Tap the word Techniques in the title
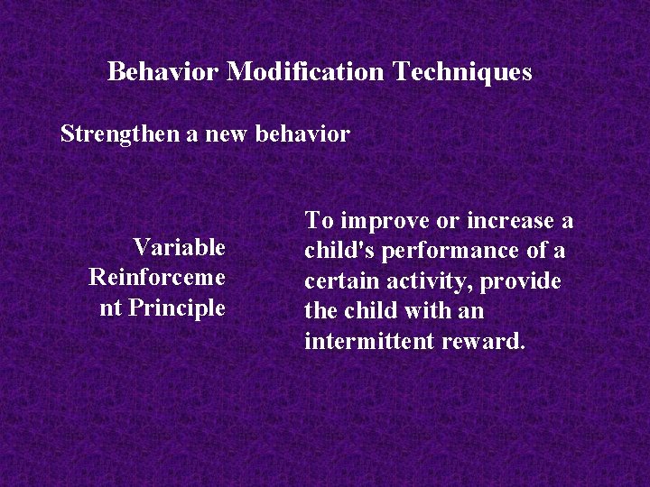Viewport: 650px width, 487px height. pyautogui.click(x=462, y=72)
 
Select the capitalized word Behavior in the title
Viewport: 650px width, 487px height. pyautogui.click(x=163, y=72)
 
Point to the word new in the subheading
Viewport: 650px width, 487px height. pyautogui.click(x=226, y=135)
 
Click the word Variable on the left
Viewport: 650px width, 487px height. pyautogui.click(x=179, y=247)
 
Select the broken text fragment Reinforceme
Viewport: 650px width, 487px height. pyautogui.click(x=157, y=278)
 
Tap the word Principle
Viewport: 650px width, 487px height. pyautogui.click(x=177, y=308)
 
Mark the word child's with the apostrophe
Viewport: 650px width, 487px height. pyautogui.click(x=339, y=252)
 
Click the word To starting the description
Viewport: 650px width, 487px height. pyautogui.click(x=317, y=221)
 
